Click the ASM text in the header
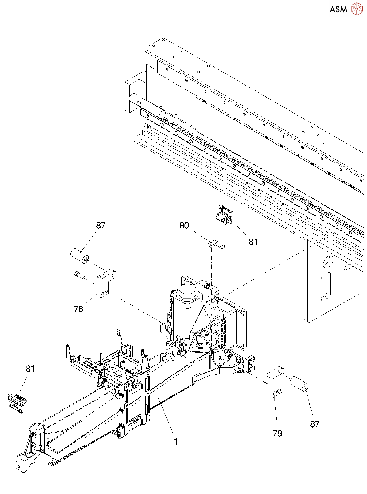[x=338, y=9]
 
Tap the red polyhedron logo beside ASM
[x=356, y=9]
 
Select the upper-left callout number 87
[x=101, y=225]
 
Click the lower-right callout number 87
[x=315, y=424]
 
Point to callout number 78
[x=78, y=309]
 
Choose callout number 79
[x=277, y=433]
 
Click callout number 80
[x=184, y=225]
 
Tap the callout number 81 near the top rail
[x=253, y=242]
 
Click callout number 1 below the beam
[x=176, y=441]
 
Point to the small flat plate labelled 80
[x=216, y=244]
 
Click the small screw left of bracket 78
[x=79, y=275]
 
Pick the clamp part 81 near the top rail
[x=225, y=215]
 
